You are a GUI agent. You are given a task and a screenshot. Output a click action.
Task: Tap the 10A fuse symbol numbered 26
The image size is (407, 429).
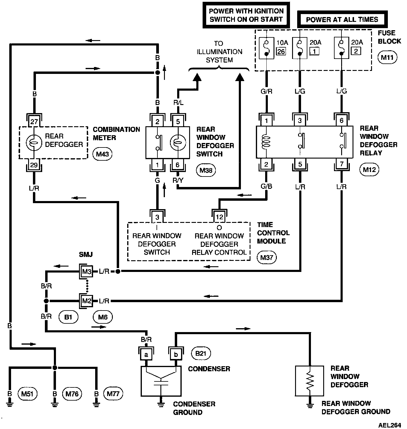click(x=267, y=49)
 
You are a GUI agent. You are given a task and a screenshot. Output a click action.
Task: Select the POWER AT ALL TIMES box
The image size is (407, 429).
click(x=342, y=20)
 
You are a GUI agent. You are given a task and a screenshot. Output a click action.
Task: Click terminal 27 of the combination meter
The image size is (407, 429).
click(x=34, y=122)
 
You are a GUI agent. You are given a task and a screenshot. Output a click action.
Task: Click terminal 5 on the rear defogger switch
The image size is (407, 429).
click(x=178, y=121)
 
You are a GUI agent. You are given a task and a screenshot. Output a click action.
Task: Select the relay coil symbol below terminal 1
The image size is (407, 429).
click(x=266, y=142)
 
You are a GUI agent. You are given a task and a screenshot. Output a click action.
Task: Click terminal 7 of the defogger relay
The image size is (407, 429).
click(x=341, y=164)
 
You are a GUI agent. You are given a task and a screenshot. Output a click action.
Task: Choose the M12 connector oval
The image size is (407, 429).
click(x=369, y=170)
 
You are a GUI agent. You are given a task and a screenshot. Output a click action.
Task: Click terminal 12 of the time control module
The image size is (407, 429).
click(x=219, y=217)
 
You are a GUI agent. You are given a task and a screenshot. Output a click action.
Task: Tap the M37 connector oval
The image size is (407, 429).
click(x=267, y=257)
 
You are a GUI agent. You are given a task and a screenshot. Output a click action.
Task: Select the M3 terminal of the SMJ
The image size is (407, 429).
click(x=86, y=271)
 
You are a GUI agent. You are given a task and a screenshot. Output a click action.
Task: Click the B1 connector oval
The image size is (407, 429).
click(x=68, y=317)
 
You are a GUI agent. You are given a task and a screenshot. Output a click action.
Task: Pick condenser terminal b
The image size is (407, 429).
click(x=176, y=355)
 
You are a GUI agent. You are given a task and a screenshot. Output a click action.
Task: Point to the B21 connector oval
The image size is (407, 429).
click(x=201, y=354)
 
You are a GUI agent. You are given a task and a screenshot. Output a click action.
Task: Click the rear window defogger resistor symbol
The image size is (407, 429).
click(x=309, y=381)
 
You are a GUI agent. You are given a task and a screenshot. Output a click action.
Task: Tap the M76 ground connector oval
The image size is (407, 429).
click(x=72, y=394)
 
